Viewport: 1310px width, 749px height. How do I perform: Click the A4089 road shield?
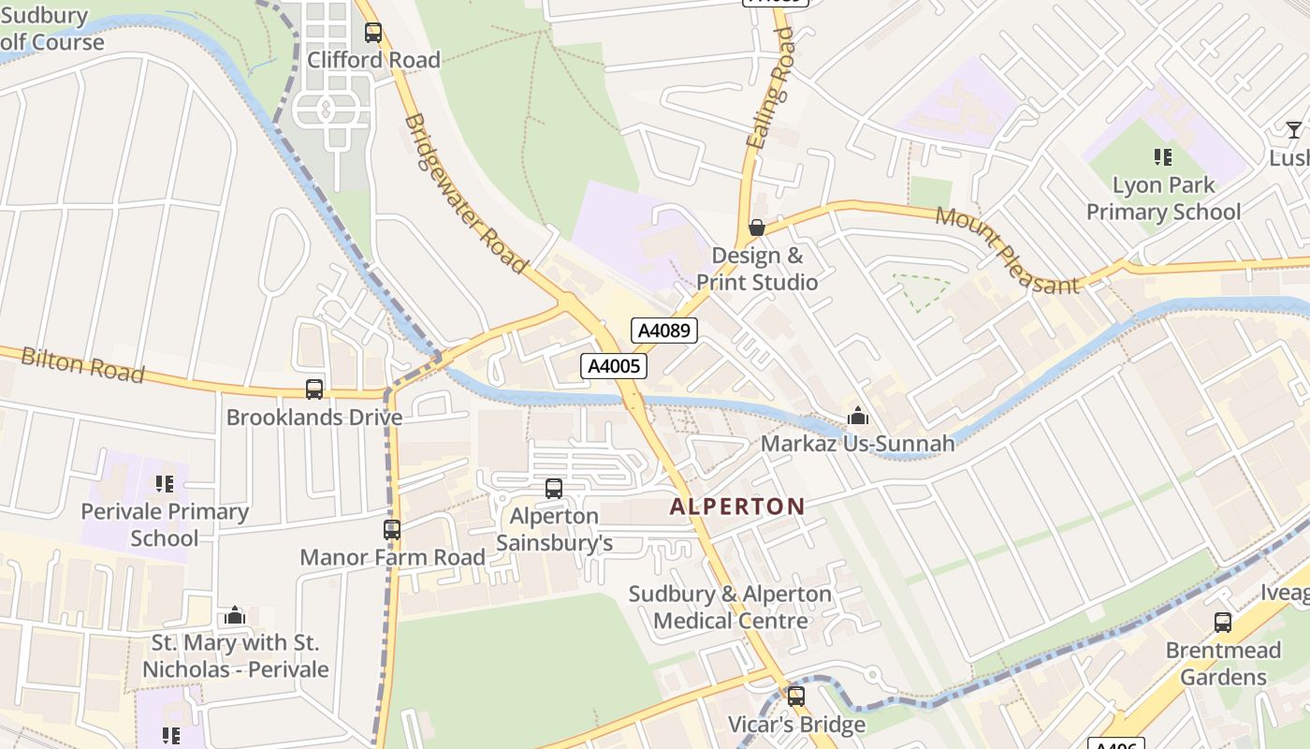pos(663,330)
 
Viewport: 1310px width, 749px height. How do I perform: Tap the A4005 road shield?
pos(614,366)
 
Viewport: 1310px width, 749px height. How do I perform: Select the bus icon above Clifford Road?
pos(373,33)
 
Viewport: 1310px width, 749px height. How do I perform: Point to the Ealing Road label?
pos(770,88)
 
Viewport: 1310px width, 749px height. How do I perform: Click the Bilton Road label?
pos(82,365)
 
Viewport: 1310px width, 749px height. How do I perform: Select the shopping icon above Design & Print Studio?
pos(757,228)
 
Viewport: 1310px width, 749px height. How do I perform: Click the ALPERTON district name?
pos(737,507)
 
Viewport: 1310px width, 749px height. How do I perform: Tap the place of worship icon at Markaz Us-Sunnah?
pos(857,416)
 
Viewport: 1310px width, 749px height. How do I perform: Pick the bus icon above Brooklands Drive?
pos(314,389)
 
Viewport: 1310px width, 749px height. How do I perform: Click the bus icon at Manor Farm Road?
pos(392,530)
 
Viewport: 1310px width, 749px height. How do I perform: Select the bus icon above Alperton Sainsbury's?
pos(554,488)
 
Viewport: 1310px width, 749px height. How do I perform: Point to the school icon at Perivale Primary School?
pos(165,484)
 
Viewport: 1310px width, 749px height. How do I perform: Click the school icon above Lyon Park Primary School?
pos(1163,157)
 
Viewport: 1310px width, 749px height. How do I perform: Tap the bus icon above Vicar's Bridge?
pos(796,697)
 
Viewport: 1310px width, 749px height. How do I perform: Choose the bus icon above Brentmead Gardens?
pos(1222,623)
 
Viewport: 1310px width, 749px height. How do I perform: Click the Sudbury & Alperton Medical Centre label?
pos(730,608)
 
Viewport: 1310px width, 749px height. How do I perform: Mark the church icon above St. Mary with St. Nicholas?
pos(235,615)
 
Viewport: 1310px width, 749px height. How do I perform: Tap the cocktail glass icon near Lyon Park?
pos(1293,130)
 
